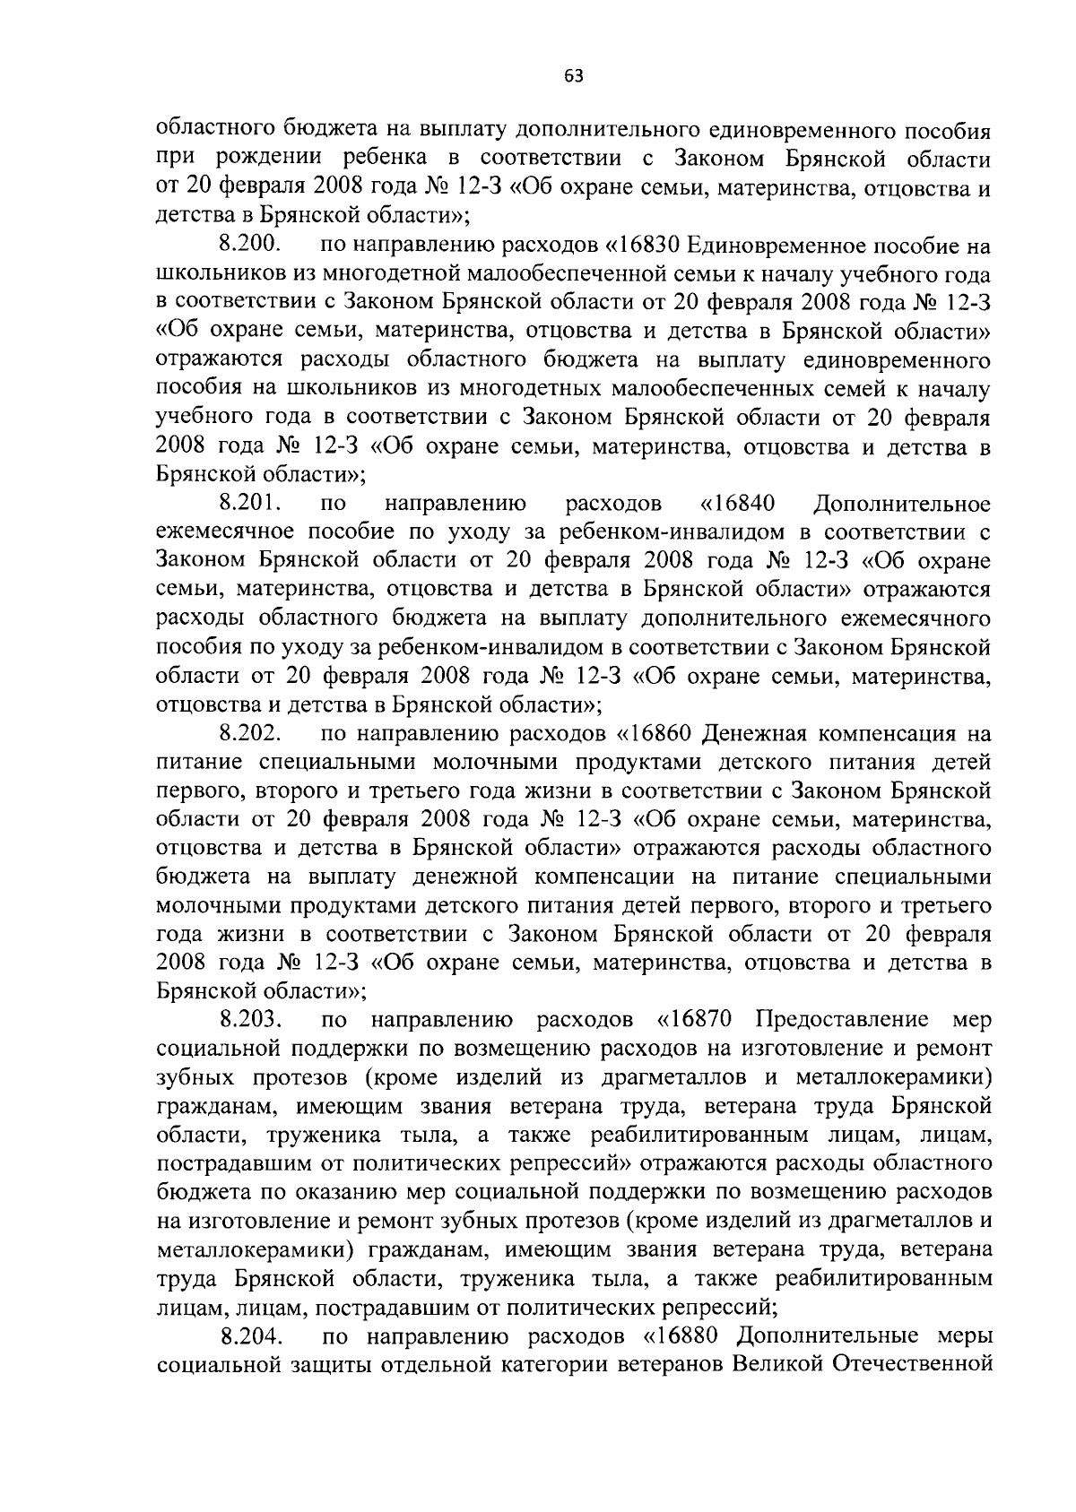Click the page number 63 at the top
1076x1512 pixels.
coord(574,76)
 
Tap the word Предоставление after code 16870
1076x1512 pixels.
coord(841,1021)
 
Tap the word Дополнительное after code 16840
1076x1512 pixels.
coord(900,504)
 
